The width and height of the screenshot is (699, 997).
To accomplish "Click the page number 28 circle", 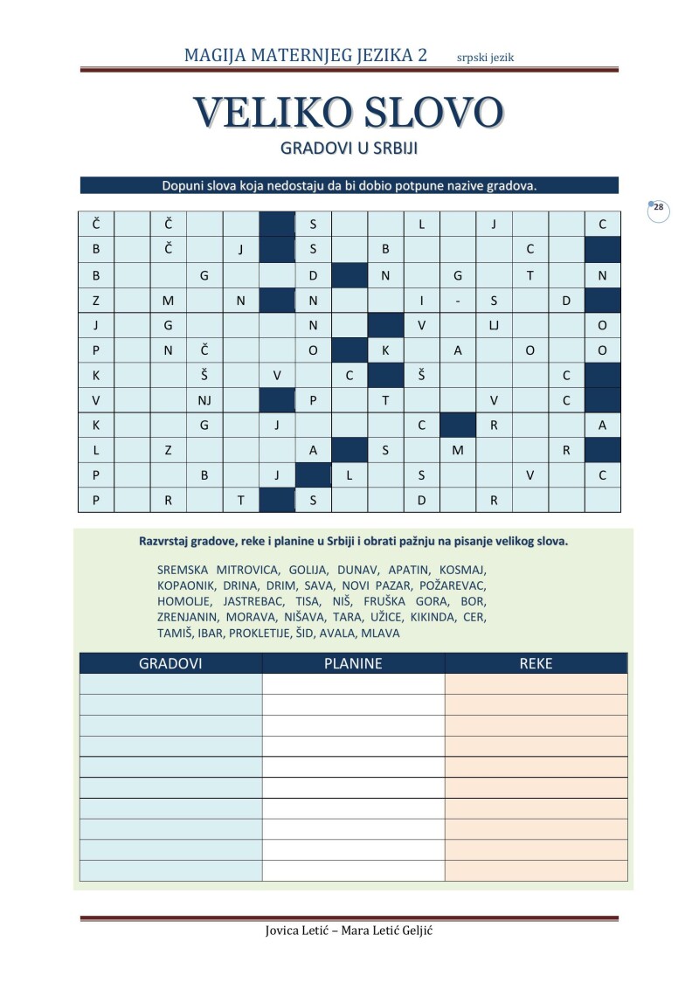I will click(x=659, y=209).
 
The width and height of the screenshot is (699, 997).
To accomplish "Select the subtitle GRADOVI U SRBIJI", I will click(x=349, y=149).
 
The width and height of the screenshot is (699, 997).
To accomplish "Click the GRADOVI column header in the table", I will click(x=170, y=663).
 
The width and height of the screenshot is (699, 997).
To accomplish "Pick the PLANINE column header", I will click(x=353, y=663).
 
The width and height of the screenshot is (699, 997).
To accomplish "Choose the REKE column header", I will click(x=536, y=663).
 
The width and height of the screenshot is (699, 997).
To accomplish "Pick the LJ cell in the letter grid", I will click(x=494, y=326).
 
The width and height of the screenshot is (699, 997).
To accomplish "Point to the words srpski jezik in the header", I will click(x=491, y=58).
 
